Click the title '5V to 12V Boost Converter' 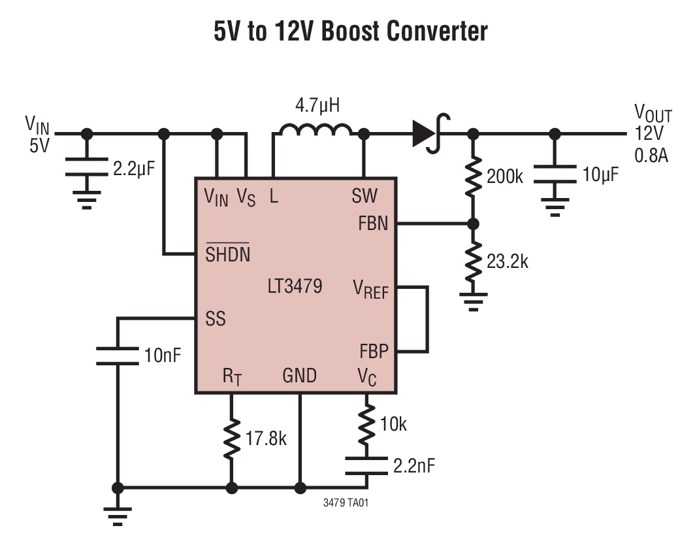coord(350,31)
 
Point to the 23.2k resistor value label coord(508,261)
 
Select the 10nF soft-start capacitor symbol coord(118,356)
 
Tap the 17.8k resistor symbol coord(231,439)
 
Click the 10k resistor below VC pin coord(366,424)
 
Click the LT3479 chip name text coord(295,286)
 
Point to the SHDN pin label coord(227,254)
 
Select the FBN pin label coord(372,224)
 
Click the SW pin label coord(364,195)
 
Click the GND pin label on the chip coord(299,376)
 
